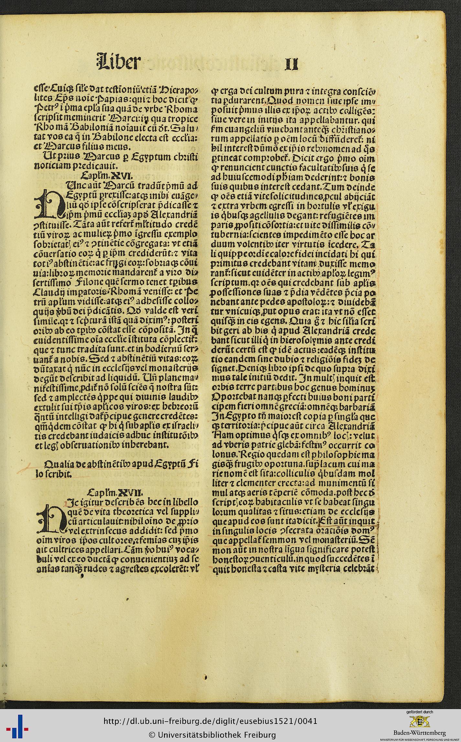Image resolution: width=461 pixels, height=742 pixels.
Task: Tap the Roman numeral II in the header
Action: [x=291, y=64]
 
